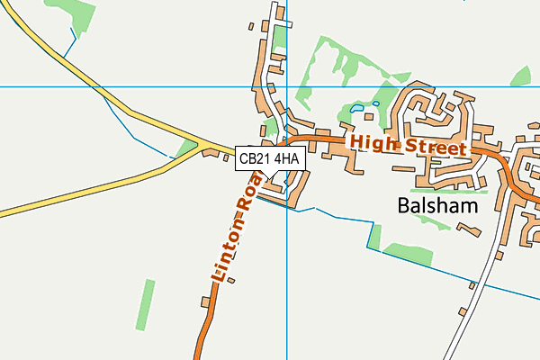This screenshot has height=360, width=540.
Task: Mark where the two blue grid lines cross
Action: point(286,87)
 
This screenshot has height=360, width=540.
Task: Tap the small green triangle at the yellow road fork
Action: point(188,146)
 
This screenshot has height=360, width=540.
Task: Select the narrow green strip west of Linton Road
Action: point(145,304)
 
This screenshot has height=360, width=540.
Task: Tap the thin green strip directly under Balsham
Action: point(441,191)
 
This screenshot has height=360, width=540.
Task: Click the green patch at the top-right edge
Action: point(523,76)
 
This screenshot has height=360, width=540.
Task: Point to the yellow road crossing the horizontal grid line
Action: point(87,86)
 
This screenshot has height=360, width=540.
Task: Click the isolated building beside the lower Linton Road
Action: point(231,281)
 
